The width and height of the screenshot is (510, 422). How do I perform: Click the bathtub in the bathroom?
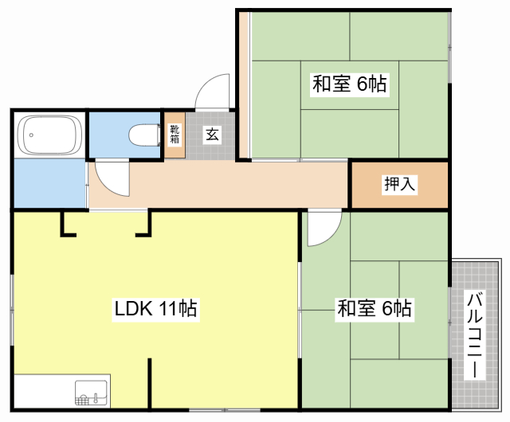pos(49,136)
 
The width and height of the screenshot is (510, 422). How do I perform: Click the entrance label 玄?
pos(213,135)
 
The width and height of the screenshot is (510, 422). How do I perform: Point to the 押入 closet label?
pos(399,185)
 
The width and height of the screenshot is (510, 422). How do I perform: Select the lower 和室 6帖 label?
pos(375,308)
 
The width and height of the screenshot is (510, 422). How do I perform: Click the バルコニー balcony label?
pos(475,334)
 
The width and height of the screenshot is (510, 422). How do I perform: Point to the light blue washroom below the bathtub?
pos(49,183)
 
